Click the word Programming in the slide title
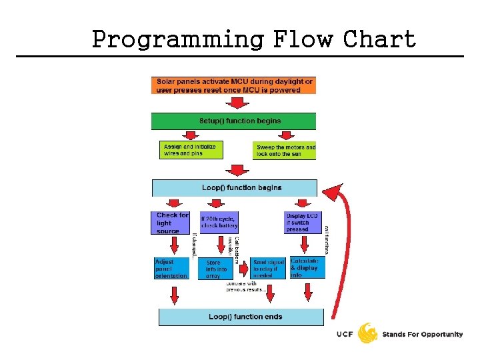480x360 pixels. tap(177, 39)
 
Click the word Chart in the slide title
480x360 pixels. tap(379, 39)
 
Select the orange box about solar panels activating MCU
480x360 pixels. tap(233, 85)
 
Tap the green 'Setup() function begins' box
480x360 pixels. tap(233, 121)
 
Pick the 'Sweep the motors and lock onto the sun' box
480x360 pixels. tap(285, 150)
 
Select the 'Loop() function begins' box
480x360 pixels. tap(235, 188)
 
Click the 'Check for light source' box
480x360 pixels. tap(172, 223)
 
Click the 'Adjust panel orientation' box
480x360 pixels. tap(171, 268)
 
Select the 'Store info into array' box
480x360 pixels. tap(215, 268)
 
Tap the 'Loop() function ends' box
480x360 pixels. tap(241, 317)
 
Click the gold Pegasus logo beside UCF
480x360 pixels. tap(368, 333)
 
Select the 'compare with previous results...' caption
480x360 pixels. tap(247, 286)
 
